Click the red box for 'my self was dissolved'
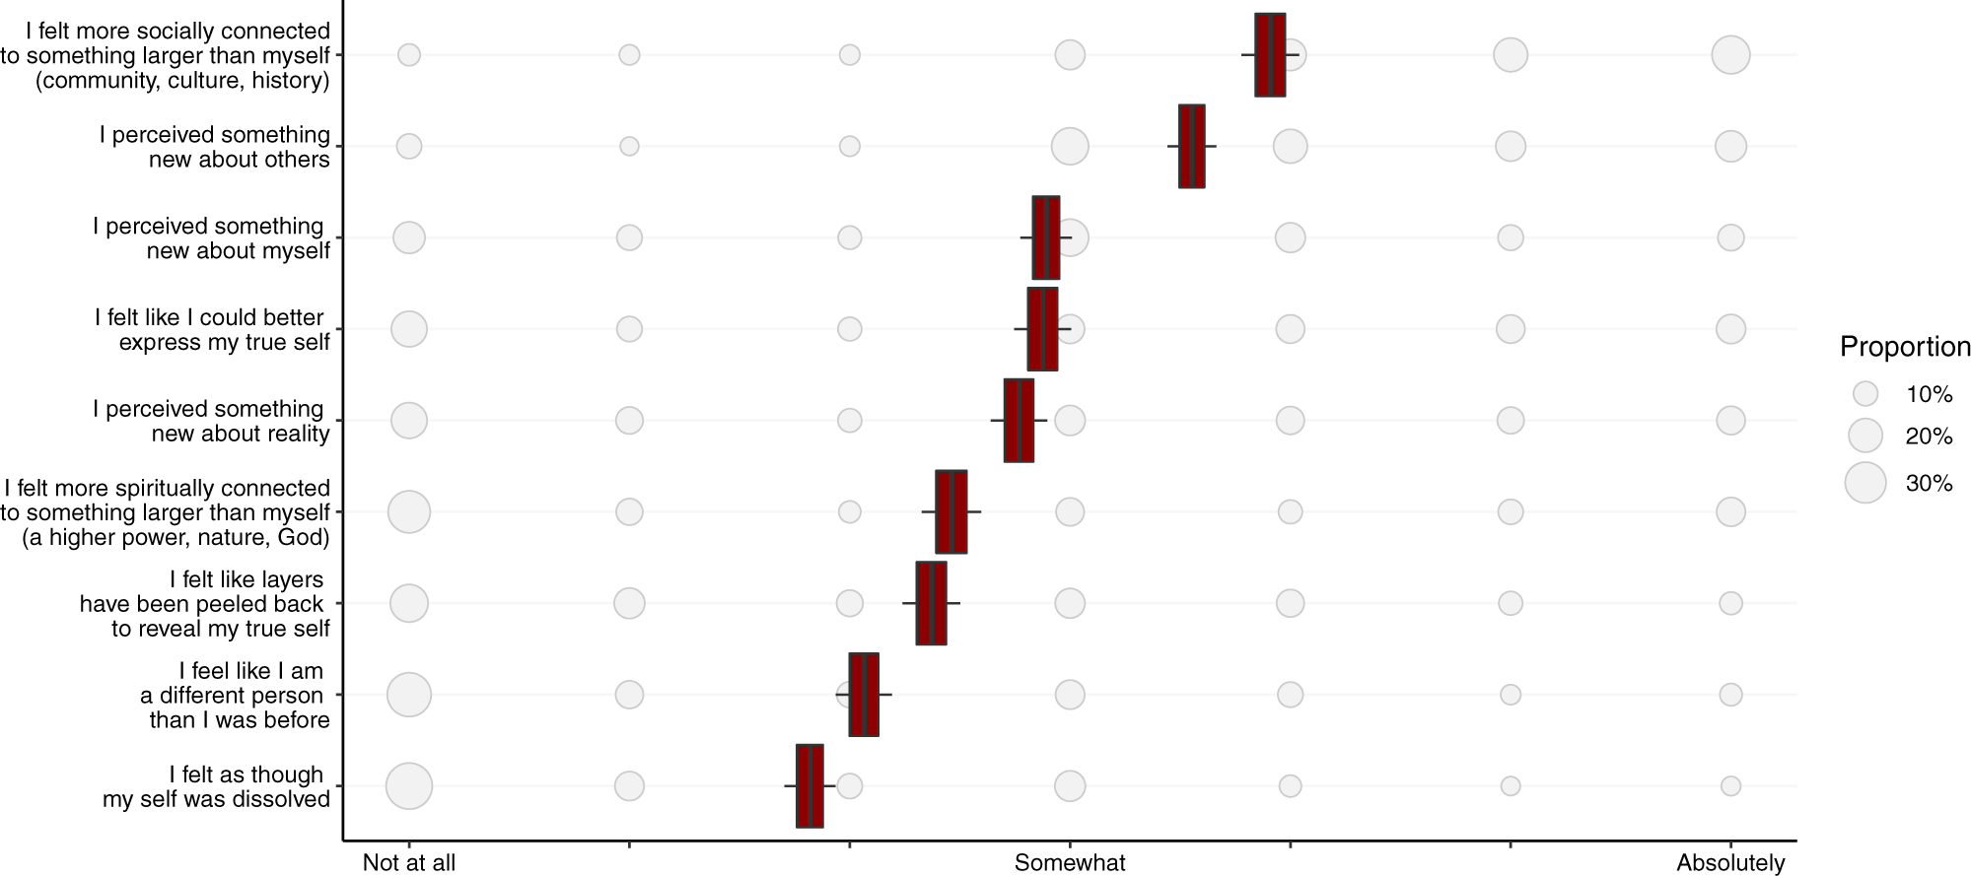coord(810,785)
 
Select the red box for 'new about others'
coord(1191,146)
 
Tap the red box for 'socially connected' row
coord(1270,54)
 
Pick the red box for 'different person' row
coord(864,694)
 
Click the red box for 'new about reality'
coord(1019,420)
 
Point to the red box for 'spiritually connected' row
coord(950,511)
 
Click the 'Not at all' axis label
coord(408,863)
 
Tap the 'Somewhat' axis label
coord(1070,863)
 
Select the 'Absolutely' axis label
coord(1730,863)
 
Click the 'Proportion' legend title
coord(1905,347)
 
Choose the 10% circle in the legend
coord(1865,394)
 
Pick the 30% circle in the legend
coord(1865,483)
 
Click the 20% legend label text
coord(1929,437)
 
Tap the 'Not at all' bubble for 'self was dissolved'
coord(409,786)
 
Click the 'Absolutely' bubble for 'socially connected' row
coord(1730,54)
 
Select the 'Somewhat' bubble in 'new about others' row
coord(1070,146)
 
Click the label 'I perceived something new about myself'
coord(211,238)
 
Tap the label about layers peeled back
coord(203,603)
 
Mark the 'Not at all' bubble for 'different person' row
coord(409,695)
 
